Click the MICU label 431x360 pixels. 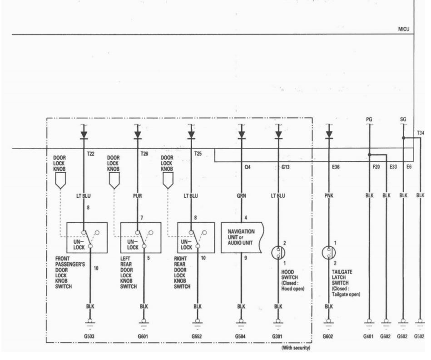tap(403, 29)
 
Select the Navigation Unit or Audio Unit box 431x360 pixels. tap(242, 238)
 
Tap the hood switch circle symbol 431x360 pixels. tap(278, 253)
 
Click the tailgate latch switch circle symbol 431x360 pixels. tap(329, 253)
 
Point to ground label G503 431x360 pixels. tap(89, 336)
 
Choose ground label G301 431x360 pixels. tap(277, 336)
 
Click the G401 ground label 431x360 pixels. tap(368, 336)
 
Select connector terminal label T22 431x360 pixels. tap(91, 154)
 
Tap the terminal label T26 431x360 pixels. tap(144, 154)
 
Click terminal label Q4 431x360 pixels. tap(248, 167)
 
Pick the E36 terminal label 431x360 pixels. tap(336, 167)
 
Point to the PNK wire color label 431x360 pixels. tap(329, 195)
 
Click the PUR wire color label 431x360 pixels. tap(138, 196)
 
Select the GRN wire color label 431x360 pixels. tap(241, 196)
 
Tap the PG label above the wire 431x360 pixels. tap(369, 120)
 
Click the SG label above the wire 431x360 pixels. tap(403, 120)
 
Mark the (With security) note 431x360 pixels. tap(296, 348)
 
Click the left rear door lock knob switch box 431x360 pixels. tap(141, 238)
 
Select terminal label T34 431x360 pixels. tap(421, 133)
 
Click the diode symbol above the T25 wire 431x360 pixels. tap(191, 135)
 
